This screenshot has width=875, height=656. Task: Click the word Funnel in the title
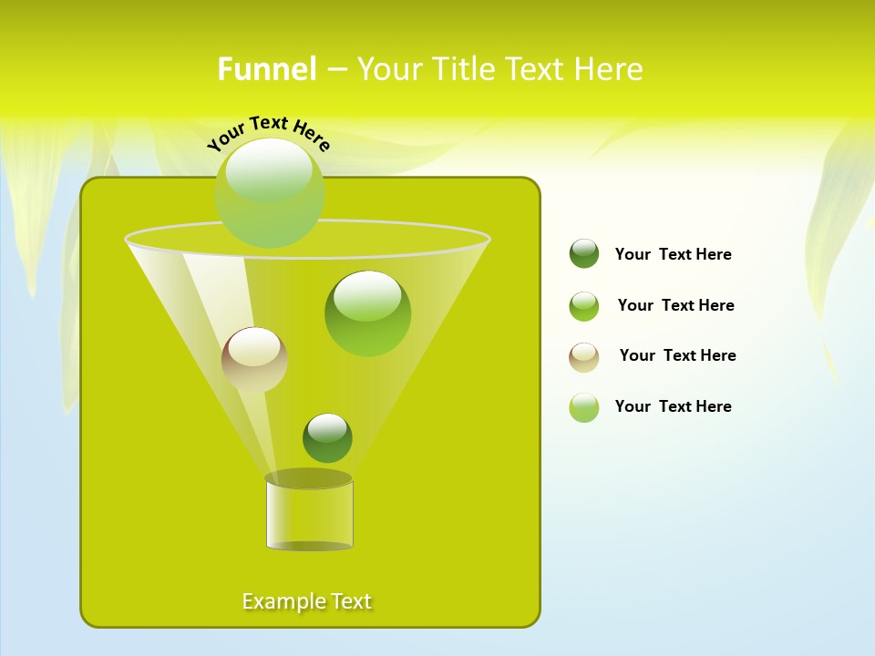266,69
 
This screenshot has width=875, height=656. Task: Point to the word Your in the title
386,69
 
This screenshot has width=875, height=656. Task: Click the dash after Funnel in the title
335,69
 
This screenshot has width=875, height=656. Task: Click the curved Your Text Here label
268,133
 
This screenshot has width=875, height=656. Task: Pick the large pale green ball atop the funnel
270,192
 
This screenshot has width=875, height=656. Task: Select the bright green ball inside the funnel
367,313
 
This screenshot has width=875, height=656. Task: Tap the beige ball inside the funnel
254,359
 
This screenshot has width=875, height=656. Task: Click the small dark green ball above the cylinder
327,437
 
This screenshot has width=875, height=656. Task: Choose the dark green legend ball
584,253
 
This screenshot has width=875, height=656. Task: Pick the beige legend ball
584,357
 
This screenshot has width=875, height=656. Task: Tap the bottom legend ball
584,407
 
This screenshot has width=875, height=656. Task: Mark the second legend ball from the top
584,306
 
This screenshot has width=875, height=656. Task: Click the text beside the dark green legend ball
673,254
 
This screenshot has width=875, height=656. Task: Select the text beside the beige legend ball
677,355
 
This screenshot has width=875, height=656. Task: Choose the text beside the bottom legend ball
673,406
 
